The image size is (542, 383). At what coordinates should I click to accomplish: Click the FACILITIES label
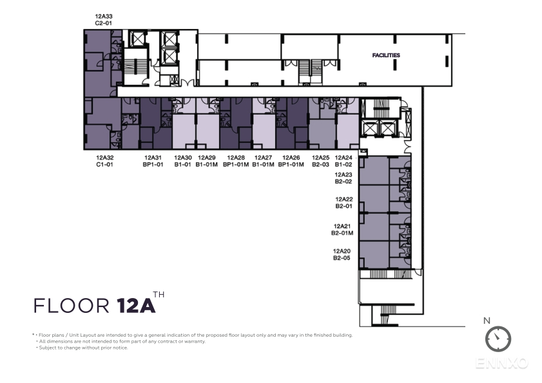click(386, 55)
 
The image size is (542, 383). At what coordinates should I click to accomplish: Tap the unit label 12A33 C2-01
click(104, 20)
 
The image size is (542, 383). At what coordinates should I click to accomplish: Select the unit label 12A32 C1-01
click(105, 161)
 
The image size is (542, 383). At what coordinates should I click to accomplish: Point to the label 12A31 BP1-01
click(153, 161)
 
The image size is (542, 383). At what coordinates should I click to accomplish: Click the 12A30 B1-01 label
click(183, 161)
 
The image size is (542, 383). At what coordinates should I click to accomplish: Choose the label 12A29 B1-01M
click(207, 161)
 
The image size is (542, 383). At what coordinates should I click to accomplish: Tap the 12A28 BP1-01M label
click(236, 161)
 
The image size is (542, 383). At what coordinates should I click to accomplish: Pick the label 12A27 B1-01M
click(263, 161)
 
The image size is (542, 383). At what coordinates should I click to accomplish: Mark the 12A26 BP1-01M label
click(291, 161)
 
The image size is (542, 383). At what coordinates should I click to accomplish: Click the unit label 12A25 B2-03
click(320, 161)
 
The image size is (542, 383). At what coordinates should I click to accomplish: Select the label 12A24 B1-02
click(344, 161)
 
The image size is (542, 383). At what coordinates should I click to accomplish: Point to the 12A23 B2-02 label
click(344, 178)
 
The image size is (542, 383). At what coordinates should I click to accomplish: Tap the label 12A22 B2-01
click(344, 203)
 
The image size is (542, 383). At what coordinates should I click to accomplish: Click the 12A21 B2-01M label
click(342, 230)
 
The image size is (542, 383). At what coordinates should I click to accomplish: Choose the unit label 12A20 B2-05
click(342, 254)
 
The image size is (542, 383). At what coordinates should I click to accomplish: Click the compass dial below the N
click(498, 339)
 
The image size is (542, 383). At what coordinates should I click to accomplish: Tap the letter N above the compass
click(487, 321)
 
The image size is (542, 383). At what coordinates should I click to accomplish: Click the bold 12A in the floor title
click(136, 305)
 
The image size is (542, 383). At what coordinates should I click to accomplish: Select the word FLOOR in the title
click(72, 306)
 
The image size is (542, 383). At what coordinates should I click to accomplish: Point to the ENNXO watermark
click(501, 363)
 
